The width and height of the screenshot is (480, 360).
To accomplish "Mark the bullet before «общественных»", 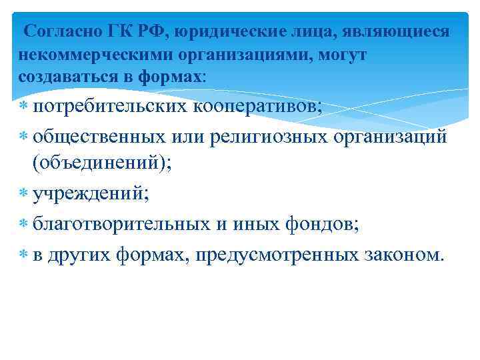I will (x=23, y=137).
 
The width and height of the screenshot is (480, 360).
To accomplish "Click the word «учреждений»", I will (x=87, y=194).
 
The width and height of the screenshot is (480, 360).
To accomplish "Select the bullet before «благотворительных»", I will (x=23, y=225).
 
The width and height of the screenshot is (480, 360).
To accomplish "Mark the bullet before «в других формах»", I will (x=23, y=254).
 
